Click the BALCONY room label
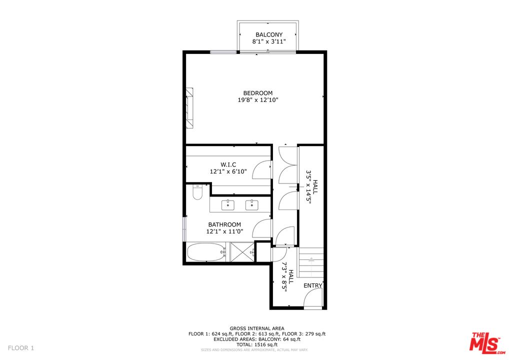(x=268, y=34)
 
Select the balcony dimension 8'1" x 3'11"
(x=268, y=41)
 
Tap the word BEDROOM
(x=257, y=93)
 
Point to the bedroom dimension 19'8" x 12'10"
(x=257, y=100)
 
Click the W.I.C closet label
(x=228, y=164)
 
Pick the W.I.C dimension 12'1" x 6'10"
(x=228, y=171)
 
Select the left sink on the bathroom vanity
(x=228, y=204)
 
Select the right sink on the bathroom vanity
(x=251, y=204)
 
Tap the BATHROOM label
(x=224, y=224)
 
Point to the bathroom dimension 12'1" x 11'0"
(x=224, y=231)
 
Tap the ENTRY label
(x=313, y=285)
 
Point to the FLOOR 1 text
(x=20, y=347)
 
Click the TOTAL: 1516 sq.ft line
(x=257, y=345)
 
